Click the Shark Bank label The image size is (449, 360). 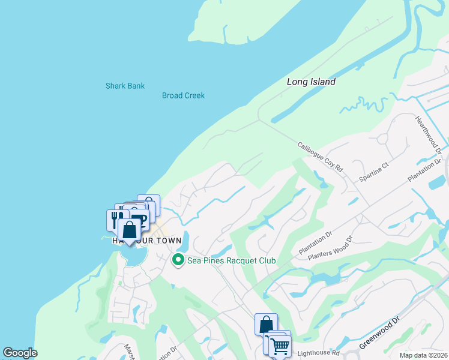click(x=125, y=86)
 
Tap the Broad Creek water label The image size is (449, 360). click(x=183, y=95)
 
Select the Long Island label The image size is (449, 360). click(x=310, y=82)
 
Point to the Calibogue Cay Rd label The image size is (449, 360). click(x=319, y=157)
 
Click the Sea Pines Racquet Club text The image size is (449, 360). click(x=231, y=260)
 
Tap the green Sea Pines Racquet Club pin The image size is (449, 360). click(x=178, y=260)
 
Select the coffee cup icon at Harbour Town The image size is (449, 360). click(x=139, y=220)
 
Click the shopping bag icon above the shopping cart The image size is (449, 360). click(x=266, y=324)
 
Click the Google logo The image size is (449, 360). click(x=20, y=353)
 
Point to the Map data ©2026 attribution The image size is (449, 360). click(x=424, y=355)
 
